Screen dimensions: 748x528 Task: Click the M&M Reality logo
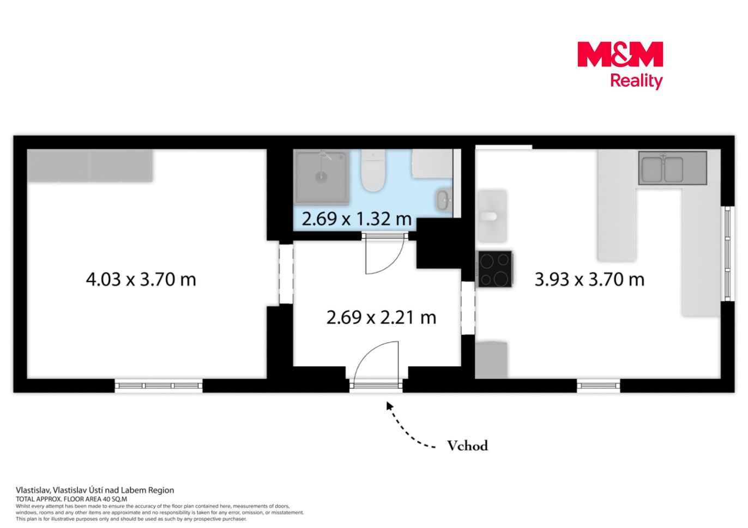[620, 65]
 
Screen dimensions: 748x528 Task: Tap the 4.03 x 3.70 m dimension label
[141, 279]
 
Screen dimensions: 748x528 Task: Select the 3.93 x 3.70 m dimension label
[589, 279]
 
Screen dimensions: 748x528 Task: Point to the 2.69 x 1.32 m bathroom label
[357, 219]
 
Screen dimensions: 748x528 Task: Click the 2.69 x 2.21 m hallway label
[381, 317]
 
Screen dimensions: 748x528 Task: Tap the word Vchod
[468, 446]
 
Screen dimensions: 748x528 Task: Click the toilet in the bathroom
[373, 170]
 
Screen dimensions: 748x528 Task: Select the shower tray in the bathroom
[322, 177]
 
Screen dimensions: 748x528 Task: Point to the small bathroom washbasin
[444, 201]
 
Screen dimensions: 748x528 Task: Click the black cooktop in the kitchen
[495, 269]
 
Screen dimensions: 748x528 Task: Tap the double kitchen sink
[673, 168]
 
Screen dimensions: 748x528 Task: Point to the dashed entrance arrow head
[389, 406]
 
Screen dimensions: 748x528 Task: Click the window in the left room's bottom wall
[159, 386]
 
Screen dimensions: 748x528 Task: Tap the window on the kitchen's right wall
[728, 254]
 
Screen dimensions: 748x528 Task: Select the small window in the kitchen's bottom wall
[599, 386]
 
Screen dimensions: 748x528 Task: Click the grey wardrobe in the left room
[90, 166]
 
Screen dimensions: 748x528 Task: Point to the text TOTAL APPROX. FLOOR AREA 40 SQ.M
[71, 499]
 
